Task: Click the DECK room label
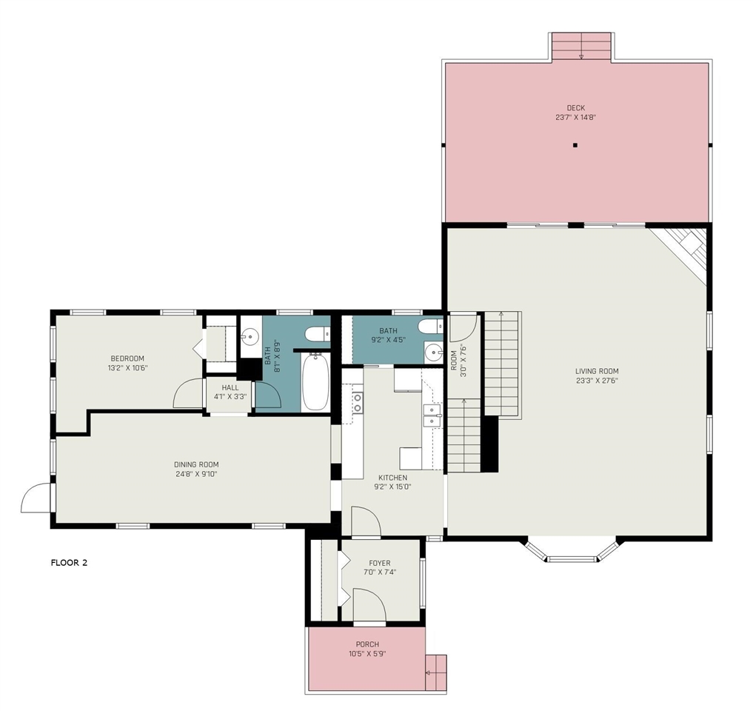[576, 108]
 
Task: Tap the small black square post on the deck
[575, 145]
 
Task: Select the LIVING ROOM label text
[597, 371]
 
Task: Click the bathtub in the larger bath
[315, 382]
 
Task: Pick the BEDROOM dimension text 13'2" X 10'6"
[127, 368]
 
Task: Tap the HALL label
[230, 387]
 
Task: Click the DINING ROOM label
[196, 464]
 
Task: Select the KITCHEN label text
[393, 478]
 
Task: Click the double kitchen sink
[432, 415]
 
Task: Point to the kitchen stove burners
[358, 403]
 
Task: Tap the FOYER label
[379, 563]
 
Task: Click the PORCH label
[367, 644]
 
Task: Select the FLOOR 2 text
[69, 563]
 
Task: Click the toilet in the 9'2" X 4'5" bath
[429, 327]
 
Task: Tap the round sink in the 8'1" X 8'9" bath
[250, 336]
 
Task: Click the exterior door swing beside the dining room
[35, 498]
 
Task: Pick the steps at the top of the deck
[581, 46]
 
